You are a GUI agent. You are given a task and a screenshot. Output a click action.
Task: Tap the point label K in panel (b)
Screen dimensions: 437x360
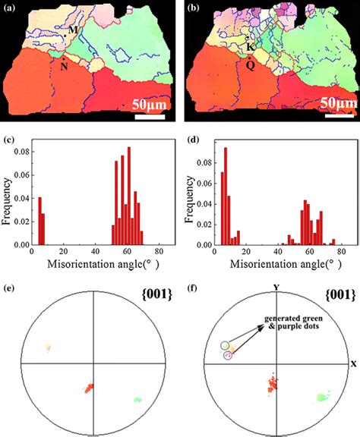click(x=250, y=47)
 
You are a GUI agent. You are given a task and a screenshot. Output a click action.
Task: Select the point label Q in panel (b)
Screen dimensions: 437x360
click(x=250, y=65)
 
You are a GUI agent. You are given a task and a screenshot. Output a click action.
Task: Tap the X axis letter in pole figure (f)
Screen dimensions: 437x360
click(x=353, y=363)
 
